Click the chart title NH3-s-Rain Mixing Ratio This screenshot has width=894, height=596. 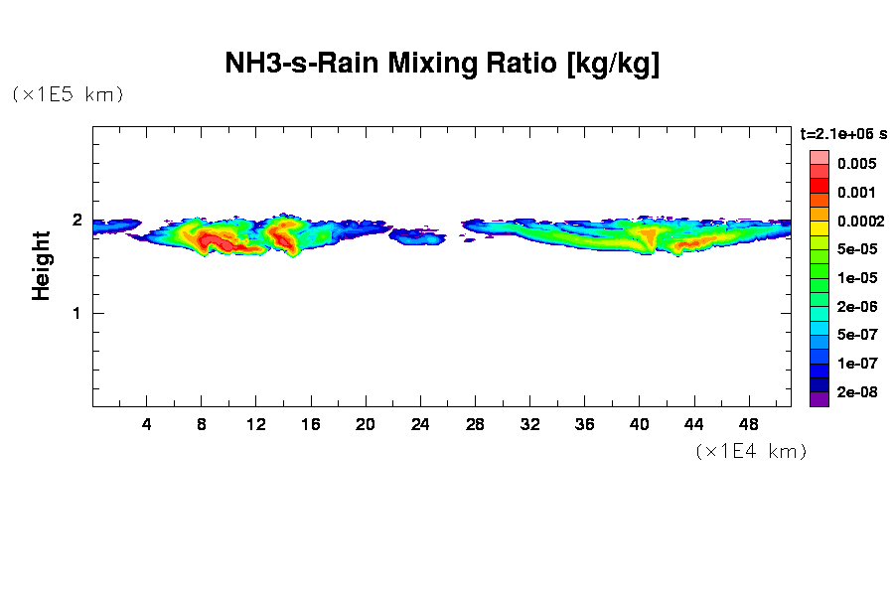pos(443,65)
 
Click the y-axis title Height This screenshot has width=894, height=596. pos(41,265)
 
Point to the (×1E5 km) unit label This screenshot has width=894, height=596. pos(68,94)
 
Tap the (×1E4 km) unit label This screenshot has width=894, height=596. pos(751,451)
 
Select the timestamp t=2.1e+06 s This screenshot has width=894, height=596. pos(843,133)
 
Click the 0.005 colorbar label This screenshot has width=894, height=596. pos(855,163)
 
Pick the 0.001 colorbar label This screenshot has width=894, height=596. pos(855,192)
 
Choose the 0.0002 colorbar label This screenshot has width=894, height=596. pos(859,221)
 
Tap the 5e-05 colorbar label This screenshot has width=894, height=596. pos(855,249)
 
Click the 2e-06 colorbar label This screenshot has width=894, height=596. pos(855,307)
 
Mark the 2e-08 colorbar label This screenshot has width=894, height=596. pos(855,392)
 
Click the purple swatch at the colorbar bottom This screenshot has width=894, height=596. pos(819,400)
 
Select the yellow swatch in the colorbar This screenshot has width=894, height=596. pos(819,228)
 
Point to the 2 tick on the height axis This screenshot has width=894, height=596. pos(76,221)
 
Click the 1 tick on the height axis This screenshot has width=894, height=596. pos(76,313)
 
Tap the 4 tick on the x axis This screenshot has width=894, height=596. pos(147,424)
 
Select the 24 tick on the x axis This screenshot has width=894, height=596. pos(420,424)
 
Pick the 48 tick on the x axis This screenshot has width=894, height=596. pos(749,424)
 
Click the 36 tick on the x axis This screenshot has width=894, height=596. pos(584,424)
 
